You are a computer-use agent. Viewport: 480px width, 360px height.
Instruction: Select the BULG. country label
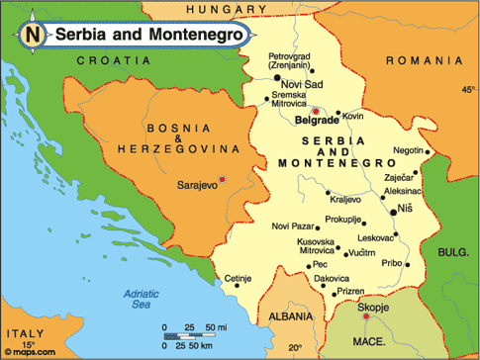(452, 252)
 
